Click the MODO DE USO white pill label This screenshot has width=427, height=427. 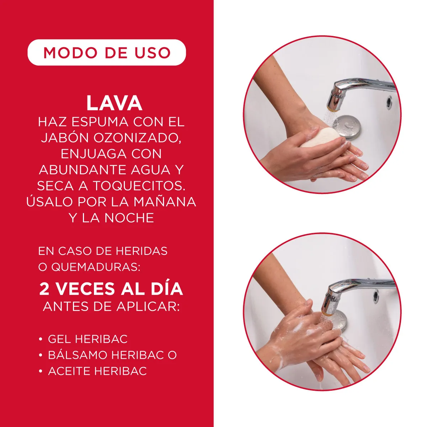[107, 53]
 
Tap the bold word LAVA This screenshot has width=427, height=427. [114, 103]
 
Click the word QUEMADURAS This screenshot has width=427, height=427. [95, 267]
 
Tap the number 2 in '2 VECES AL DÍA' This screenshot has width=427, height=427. [44, 289]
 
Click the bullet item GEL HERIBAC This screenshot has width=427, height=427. [88, 339]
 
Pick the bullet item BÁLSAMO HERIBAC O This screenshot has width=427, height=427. [112, 355]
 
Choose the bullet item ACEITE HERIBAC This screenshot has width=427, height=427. [97, 371]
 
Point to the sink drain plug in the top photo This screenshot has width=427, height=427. [347, 126]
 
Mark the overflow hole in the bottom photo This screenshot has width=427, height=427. [376, 295]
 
